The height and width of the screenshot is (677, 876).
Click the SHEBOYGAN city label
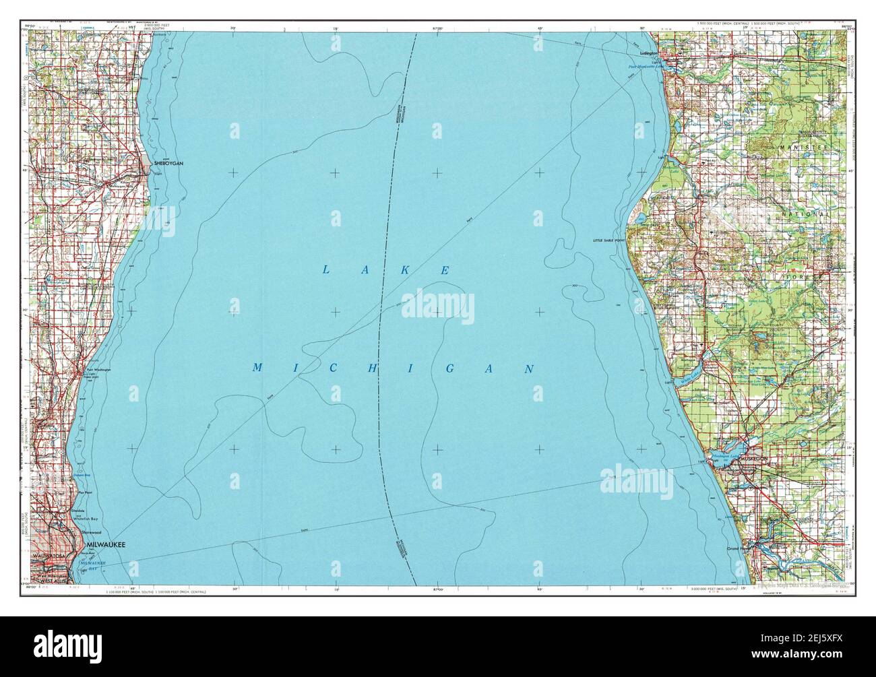[x=168, y=164]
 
